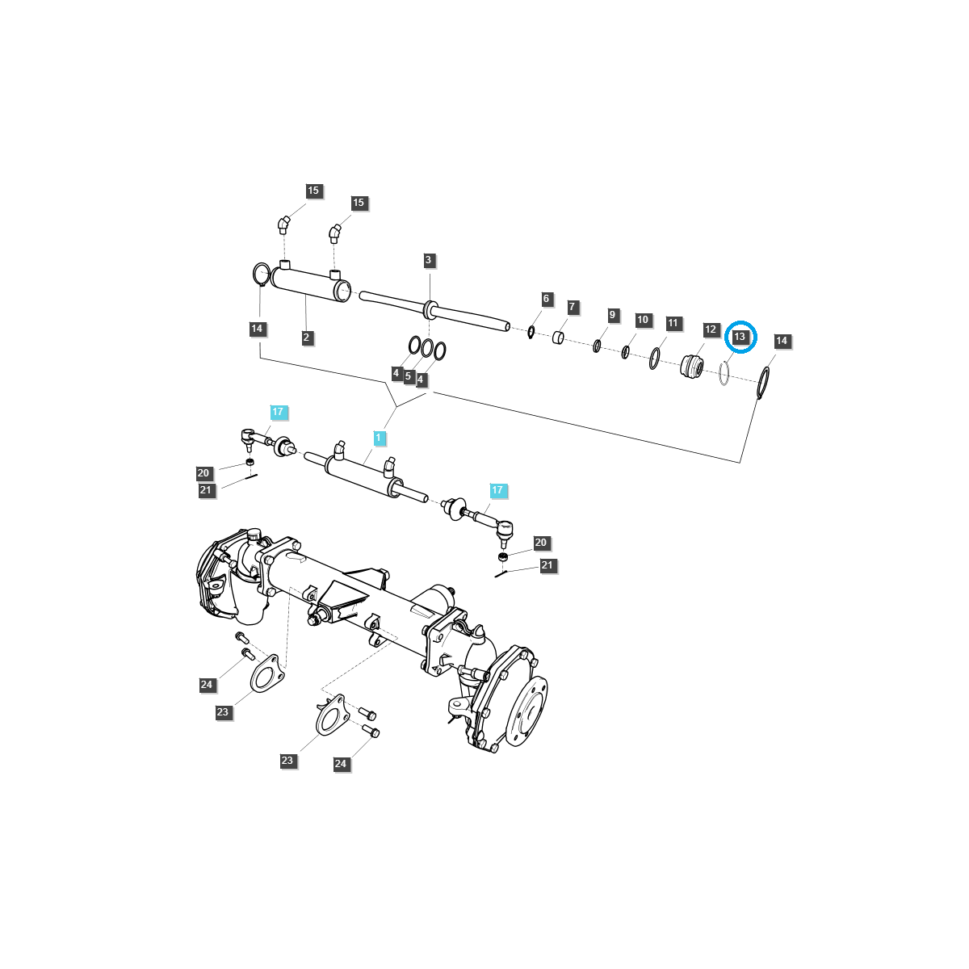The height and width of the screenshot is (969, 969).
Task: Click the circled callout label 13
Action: (740, 336)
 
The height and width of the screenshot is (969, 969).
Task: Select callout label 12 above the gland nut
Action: (711, 329)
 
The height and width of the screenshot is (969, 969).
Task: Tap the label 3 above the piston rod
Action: (429, 260)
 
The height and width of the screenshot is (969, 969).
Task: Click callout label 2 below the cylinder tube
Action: (307, 338)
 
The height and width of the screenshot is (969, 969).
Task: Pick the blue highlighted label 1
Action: (379, 438)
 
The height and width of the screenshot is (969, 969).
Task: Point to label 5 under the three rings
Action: (408, 376)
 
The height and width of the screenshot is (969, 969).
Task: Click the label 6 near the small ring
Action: (546, 299)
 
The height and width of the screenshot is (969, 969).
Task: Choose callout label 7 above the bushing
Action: (572, 307)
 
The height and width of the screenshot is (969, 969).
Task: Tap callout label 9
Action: (612, 315)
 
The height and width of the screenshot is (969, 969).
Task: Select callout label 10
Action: (643, 320)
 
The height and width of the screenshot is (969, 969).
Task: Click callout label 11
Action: (673, 323)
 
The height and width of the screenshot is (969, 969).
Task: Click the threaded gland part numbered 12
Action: (692, 366)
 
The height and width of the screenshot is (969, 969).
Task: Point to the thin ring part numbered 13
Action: (724, 373)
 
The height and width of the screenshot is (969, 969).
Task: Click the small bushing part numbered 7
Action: (559, 336)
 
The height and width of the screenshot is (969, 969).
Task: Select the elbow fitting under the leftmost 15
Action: (283, 224)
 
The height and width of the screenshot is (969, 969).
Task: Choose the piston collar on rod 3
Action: (430, 308)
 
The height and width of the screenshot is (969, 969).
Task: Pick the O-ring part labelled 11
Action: (654, 359)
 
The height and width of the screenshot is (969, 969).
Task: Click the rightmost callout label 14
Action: (781, 341)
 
